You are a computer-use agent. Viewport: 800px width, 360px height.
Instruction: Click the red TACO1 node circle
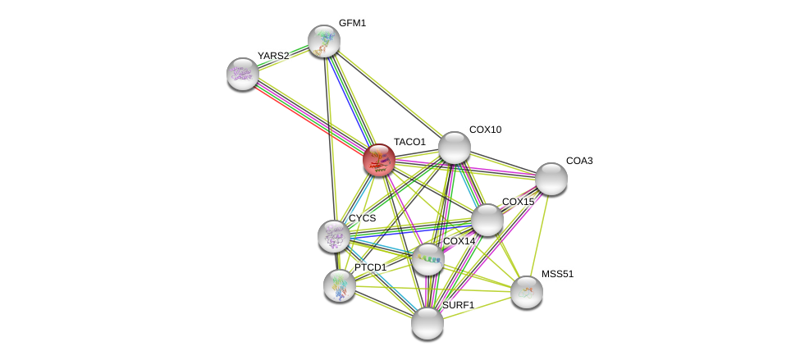tap(379, 160)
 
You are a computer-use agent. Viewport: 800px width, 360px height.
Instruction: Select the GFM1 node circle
tap(324, 41)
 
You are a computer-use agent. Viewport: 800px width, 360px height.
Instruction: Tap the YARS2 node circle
tap(243, 74)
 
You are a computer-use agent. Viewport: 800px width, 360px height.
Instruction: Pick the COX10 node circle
tap(455, 148)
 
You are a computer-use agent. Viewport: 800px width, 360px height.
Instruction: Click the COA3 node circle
tap(551, 179)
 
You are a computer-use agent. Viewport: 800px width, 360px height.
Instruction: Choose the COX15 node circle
tap(487, 220)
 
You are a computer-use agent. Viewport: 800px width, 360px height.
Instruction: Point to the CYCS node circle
tap(334, 236)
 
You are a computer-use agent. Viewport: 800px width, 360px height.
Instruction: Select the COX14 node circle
tap(427, 259)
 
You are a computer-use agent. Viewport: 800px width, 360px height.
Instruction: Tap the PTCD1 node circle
tap(340, 285)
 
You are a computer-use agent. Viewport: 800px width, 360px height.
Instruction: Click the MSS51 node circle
tap(527, 292)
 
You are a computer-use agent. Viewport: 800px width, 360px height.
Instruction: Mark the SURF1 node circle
tap(427, 323)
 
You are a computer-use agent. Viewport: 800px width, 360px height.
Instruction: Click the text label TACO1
tap(409, 142)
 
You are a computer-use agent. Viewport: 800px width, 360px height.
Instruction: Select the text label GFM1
tap(352, 23)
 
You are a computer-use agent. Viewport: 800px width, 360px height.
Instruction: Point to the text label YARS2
tap(273, 56)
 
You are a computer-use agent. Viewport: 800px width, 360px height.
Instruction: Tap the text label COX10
tap(485, 130)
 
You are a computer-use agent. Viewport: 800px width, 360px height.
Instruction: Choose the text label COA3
tap(579, 161)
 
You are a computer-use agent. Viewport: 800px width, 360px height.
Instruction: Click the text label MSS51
tap(557, 274)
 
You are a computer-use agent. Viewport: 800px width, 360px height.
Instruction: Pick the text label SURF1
tap(458, 305)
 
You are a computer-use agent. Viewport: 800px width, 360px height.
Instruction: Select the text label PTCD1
tap(370, 267)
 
